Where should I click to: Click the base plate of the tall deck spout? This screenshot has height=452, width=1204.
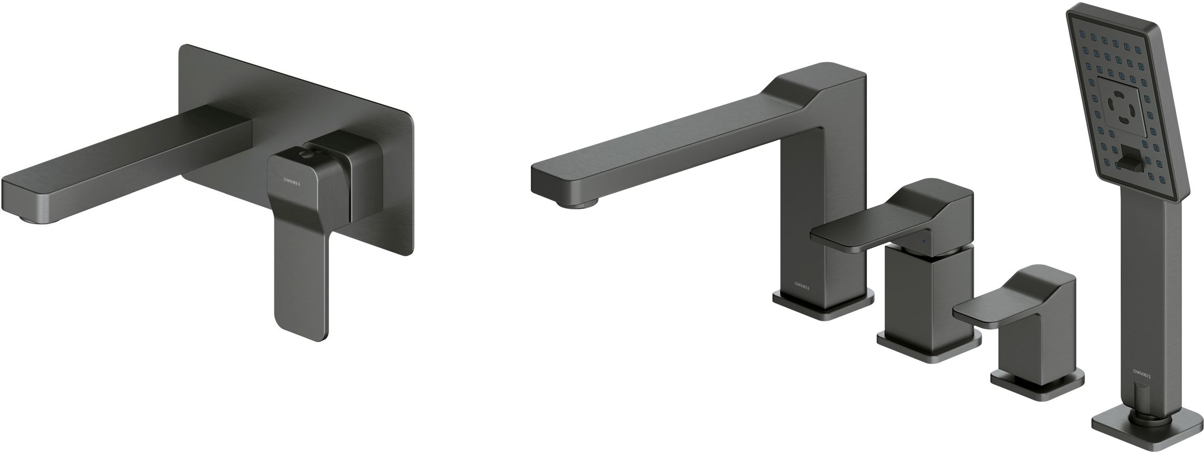coord(823,307)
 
